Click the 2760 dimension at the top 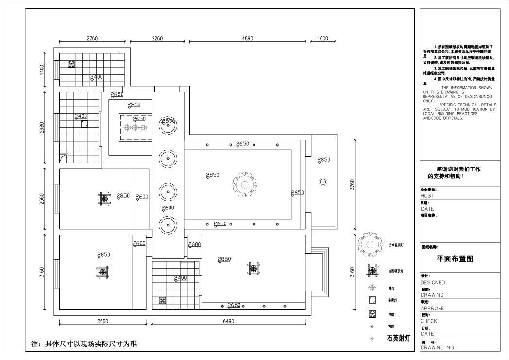click(92, 39)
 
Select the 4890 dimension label click(247, 39)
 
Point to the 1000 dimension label click(322, 39)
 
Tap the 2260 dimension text click(157, 39)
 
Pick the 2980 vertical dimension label click(42, 127)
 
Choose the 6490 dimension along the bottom click(228, 321)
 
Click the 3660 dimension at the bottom click(103, 321)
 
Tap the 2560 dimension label click(42, 199)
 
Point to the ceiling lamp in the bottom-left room click(103, 272)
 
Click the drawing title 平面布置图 click(455, 259)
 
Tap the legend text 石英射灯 click(398, 338)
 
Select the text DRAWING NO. click(438, 347)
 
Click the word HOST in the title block click(428, 196)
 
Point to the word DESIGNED click(433, 282)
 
